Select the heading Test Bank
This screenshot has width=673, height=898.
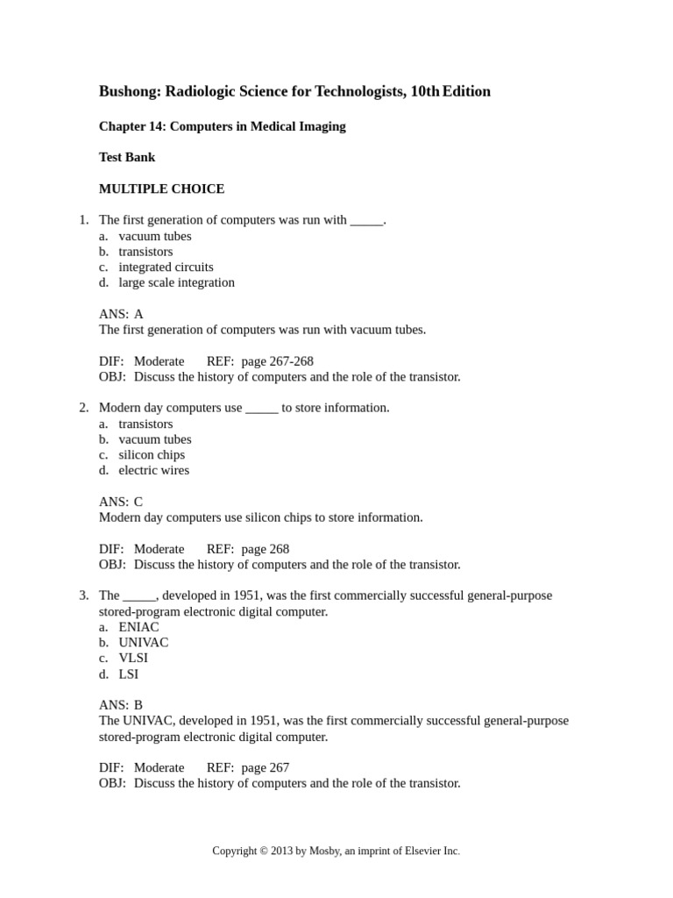pyautogui.click(x=127, y=157)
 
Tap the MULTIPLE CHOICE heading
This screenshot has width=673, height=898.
pyautogui.click(x=161, y=189)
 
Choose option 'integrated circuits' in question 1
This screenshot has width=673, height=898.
pyautogui.click(x=166, y=267)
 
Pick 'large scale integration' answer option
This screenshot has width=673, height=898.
pyautogui.click(x=176, y=282)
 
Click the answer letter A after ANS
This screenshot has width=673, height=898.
pyautogui.click(x=138, y=314)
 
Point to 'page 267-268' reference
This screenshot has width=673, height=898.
pyautogui.click(x=277, y=361)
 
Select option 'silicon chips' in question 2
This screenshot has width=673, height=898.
pyautogui.click(x=152, y=454)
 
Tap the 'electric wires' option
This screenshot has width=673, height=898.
pyautogui.click(x=153, y=470)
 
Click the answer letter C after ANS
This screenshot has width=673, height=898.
pyautogui.click(x=138, y=502)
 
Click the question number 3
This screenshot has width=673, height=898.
pyautogui.click(x=83, y=595)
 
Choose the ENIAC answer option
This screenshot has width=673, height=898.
pyautogui.click(x=138, y=627)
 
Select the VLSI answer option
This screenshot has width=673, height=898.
pyautogui.click(x=135, y=658)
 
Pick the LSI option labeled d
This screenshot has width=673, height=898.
pyautogui.click(x=129, y=673)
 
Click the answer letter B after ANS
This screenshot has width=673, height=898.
pyautogui.click(x=138, y=705)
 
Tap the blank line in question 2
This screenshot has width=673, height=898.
pyautogui.click(x=262, y=409)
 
